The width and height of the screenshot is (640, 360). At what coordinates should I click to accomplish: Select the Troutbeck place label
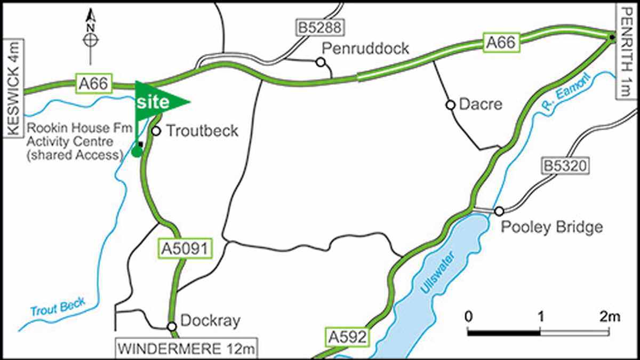pos(202,131)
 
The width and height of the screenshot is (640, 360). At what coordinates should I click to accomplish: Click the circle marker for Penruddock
pos(321,62)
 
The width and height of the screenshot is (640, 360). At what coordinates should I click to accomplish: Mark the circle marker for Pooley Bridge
pos(499,211)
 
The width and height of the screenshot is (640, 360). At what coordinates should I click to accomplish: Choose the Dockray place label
pos(211,321)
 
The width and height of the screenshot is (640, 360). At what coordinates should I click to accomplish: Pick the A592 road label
pos(347,337)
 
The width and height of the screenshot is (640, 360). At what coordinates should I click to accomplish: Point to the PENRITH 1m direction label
pos(627,51)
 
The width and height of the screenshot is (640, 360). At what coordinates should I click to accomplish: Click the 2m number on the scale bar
pos(609,316)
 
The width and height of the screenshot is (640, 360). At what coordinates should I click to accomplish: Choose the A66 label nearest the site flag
pos(95,83)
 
